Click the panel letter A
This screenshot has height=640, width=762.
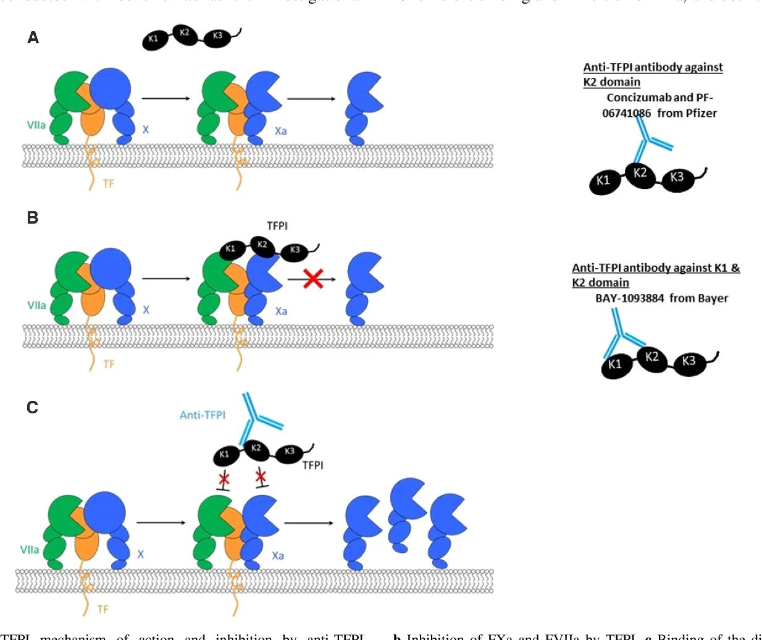coord(33,38)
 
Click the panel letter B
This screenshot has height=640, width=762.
coord(33,217)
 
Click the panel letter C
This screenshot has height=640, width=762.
coord(33,407)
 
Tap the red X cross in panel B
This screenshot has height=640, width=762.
coord(313,279)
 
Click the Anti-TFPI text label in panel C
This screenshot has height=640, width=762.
coord(203,415)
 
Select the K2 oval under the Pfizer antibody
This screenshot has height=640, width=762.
coord(640,173)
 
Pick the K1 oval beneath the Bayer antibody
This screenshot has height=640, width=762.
coord(615,364)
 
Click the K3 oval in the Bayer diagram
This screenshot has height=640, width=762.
coord(689,361)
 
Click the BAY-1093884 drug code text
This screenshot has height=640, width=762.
coord(629,298)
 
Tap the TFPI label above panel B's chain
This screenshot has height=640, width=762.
coord(277,226)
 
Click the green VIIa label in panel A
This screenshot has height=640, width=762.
coord(36,125)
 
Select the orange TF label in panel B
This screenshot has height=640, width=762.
coord(109,364)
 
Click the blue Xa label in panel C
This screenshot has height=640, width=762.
coord(278,556)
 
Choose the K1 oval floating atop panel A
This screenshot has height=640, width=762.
coord(153,40)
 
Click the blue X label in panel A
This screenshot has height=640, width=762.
coord(146,130)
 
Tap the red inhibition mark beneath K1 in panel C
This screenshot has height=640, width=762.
coord(224,480)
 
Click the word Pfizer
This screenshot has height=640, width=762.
coord(701,113)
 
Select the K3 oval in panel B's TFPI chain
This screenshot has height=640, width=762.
coord(295,250)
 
